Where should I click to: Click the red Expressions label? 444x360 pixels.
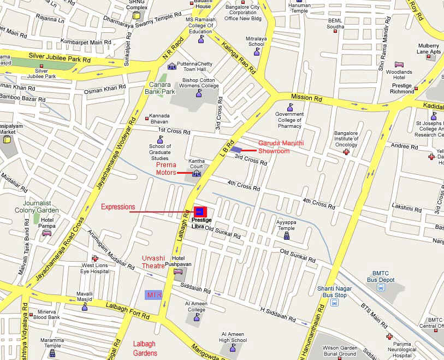118,207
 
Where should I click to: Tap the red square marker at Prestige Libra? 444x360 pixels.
200,211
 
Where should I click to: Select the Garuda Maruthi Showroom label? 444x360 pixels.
281,146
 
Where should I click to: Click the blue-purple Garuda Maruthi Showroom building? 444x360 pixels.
236,149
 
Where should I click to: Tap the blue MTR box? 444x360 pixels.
153,295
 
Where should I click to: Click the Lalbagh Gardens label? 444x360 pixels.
145,348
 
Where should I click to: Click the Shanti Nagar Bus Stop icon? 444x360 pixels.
334,303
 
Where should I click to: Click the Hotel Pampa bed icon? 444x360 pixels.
47,233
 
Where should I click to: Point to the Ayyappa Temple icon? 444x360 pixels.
286,237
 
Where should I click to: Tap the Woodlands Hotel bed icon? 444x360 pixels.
399,64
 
